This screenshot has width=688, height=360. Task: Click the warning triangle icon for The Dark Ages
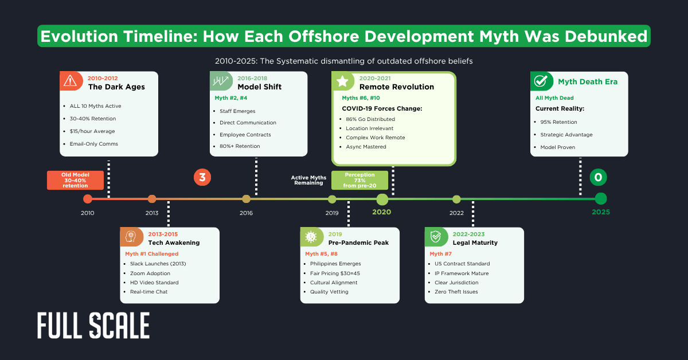coord(71,81)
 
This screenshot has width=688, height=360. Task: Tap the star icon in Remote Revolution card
coord(343,81)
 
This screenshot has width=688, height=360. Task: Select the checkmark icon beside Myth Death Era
coord(541,81)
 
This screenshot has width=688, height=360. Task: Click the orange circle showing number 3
coord(202,177)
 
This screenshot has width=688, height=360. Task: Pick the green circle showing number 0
coord(598,177)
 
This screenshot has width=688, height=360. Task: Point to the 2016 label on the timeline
coord(246,213)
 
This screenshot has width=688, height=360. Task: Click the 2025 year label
coord(600,212)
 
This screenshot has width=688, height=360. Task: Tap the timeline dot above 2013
coord(152,199)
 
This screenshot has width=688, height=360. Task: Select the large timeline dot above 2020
coord(382,199)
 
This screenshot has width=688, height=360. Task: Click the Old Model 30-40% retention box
coord(75,180)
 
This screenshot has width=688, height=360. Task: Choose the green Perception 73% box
coord(359,180)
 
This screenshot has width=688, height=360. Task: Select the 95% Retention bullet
coord(558,122)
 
